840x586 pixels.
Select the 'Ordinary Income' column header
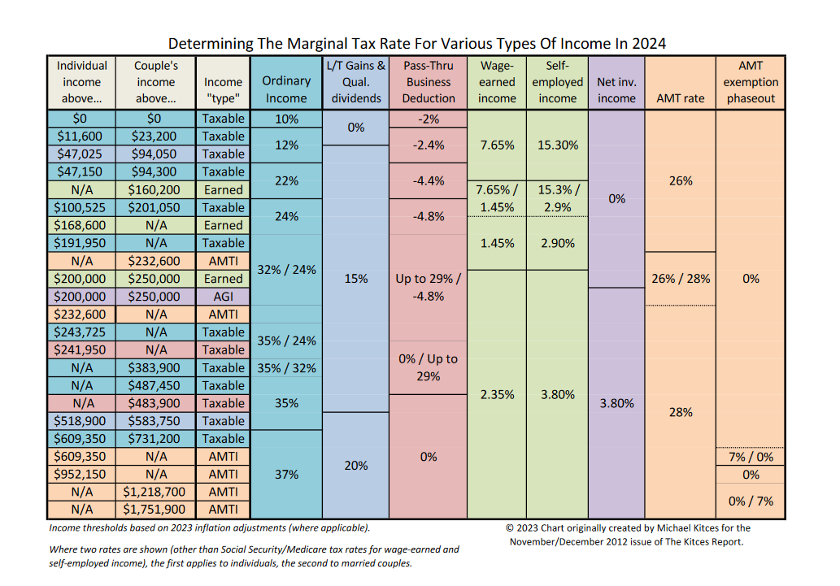point(286,89)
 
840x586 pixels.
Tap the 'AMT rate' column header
point(680,98)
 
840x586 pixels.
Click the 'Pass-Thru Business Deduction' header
point(429,82)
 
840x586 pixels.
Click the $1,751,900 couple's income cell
point(155,510)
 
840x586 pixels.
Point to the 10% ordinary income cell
point(286,119)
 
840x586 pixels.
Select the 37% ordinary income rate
point(286,474)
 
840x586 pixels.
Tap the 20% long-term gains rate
point(356,465)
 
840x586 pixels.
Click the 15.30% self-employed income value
point(558,145)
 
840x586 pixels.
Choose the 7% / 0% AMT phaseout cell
point(751,457)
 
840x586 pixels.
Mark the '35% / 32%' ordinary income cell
point(286,367)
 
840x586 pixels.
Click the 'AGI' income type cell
point(223,297)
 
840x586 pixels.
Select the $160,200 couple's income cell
point(155,189)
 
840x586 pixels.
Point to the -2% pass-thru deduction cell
point(429,119)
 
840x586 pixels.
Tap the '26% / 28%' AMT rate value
point(680,278)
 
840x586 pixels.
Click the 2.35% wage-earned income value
point(497,394)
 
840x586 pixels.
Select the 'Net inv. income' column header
point(616,89)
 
